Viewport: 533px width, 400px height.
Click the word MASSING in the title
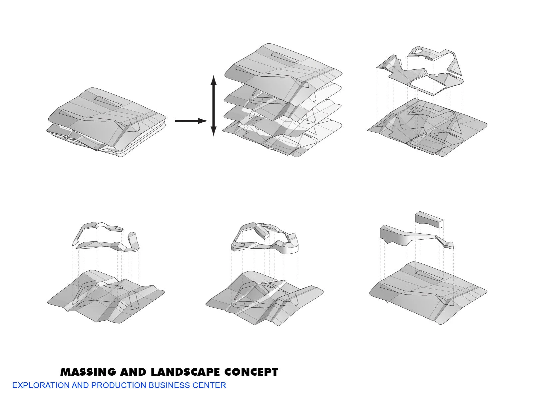88,372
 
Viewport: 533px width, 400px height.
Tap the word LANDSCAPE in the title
185,372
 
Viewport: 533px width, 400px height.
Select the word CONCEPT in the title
251,372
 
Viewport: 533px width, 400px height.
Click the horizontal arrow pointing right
191,121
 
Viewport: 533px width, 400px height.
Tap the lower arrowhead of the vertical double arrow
214,131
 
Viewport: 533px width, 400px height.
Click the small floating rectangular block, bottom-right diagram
429,220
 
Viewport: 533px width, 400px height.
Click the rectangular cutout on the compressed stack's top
108,101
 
